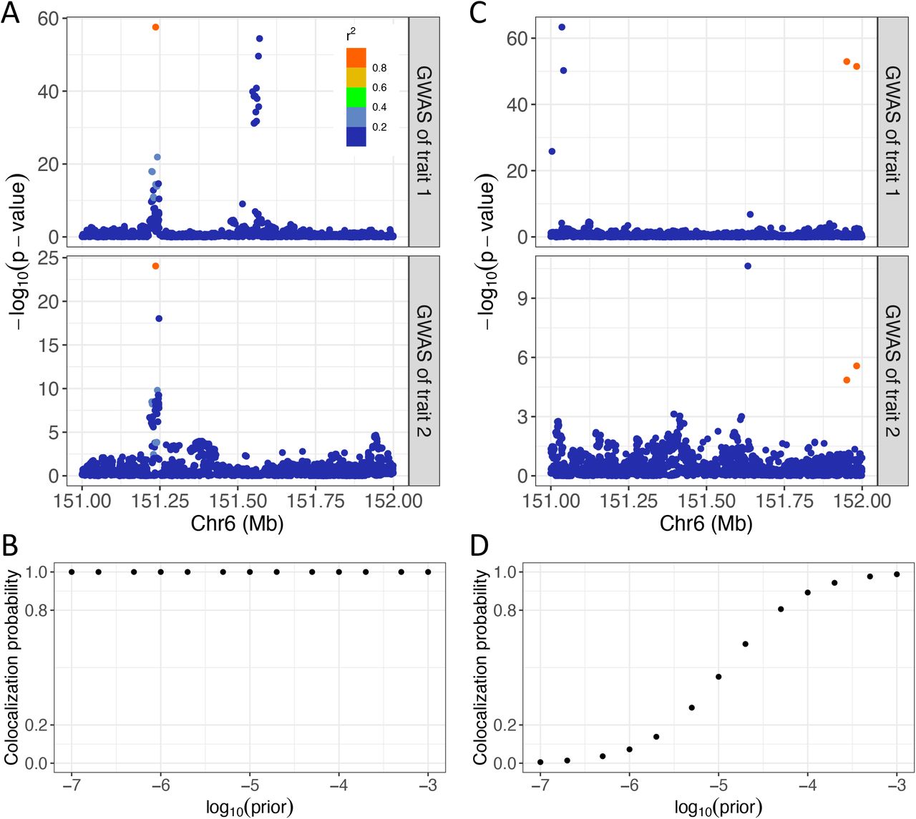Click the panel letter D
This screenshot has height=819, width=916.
click(x=479, y=545)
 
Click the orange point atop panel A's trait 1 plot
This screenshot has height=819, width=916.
click(x=155, y=27)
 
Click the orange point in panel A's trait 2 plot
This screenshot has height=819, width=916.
click(x=155, y=266)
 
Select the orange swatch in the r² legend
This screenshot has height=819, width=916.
click(x=356, y=58)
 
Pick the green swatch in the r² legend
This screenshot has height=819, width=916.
click(x=356, y=97)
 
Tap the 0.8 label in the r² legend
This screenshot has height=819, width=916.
click(x=379, y=68)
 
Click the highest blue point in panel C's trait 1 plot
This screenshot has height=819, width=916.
click(x=562, y=27)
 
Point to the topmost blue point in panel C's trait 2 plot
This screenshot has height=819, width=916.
click(x=748, y=266)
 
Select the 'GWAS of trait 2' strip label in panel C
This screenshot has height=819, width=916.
click(x=892, y=371)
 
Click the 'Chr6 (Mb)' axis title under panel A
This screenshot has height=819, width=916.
click(x=237, y=524)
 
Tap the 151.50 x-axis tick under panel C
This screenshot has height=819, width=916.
click(x=706, y=501)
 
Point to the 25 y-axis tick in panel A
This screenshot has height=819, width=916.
click(x=48, y=258)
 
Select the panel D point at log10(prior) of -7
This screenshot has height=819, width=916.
click(x=540, y=762)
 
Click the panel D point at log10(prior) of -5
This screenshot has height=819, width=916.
click(x=718, y=677)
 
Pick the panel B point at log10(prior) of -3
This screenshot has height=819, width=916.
click(x=428, y=572)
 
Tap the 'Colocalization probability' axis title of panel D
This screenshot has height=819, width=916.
click(x=480, y=667)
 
